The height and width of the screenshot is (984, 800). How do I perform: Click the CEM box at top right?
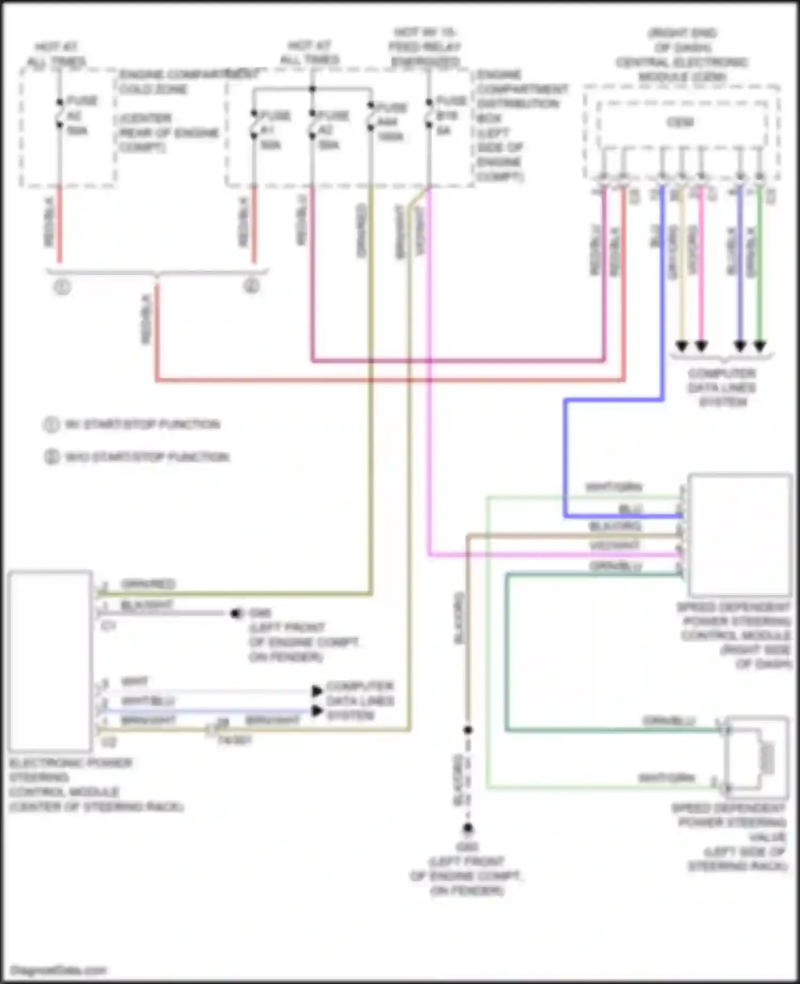click(x=681, y=123)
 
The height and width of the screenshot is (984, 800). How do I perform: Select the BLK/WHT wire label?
click(x=146, y=605)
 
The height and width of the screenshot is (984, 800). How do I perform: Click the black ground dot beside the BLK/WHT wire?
click(x=236, y=614)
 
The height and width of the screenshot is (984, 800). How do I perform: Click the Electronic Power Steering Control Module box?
click(x=50, y=661)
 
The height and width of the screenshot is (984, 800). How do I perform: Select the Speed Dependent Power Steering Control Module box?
click(x=739, y=535)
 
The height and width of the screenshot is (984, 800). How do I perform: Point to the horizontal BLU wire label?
click(x=630, y=509)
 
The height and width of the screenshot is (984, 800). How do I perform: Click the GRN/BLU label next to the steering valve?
click(x=669, y=721)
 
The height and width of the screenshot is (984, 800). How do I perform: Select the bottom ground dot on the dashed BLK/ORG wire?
click(x=468, y=828)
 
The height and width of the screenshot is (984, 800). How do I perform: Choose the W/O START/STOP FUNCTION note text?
click(x=147, y=457)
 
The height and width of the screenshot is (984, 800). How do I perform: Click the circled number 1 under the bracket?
click(x=62, y=288)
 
